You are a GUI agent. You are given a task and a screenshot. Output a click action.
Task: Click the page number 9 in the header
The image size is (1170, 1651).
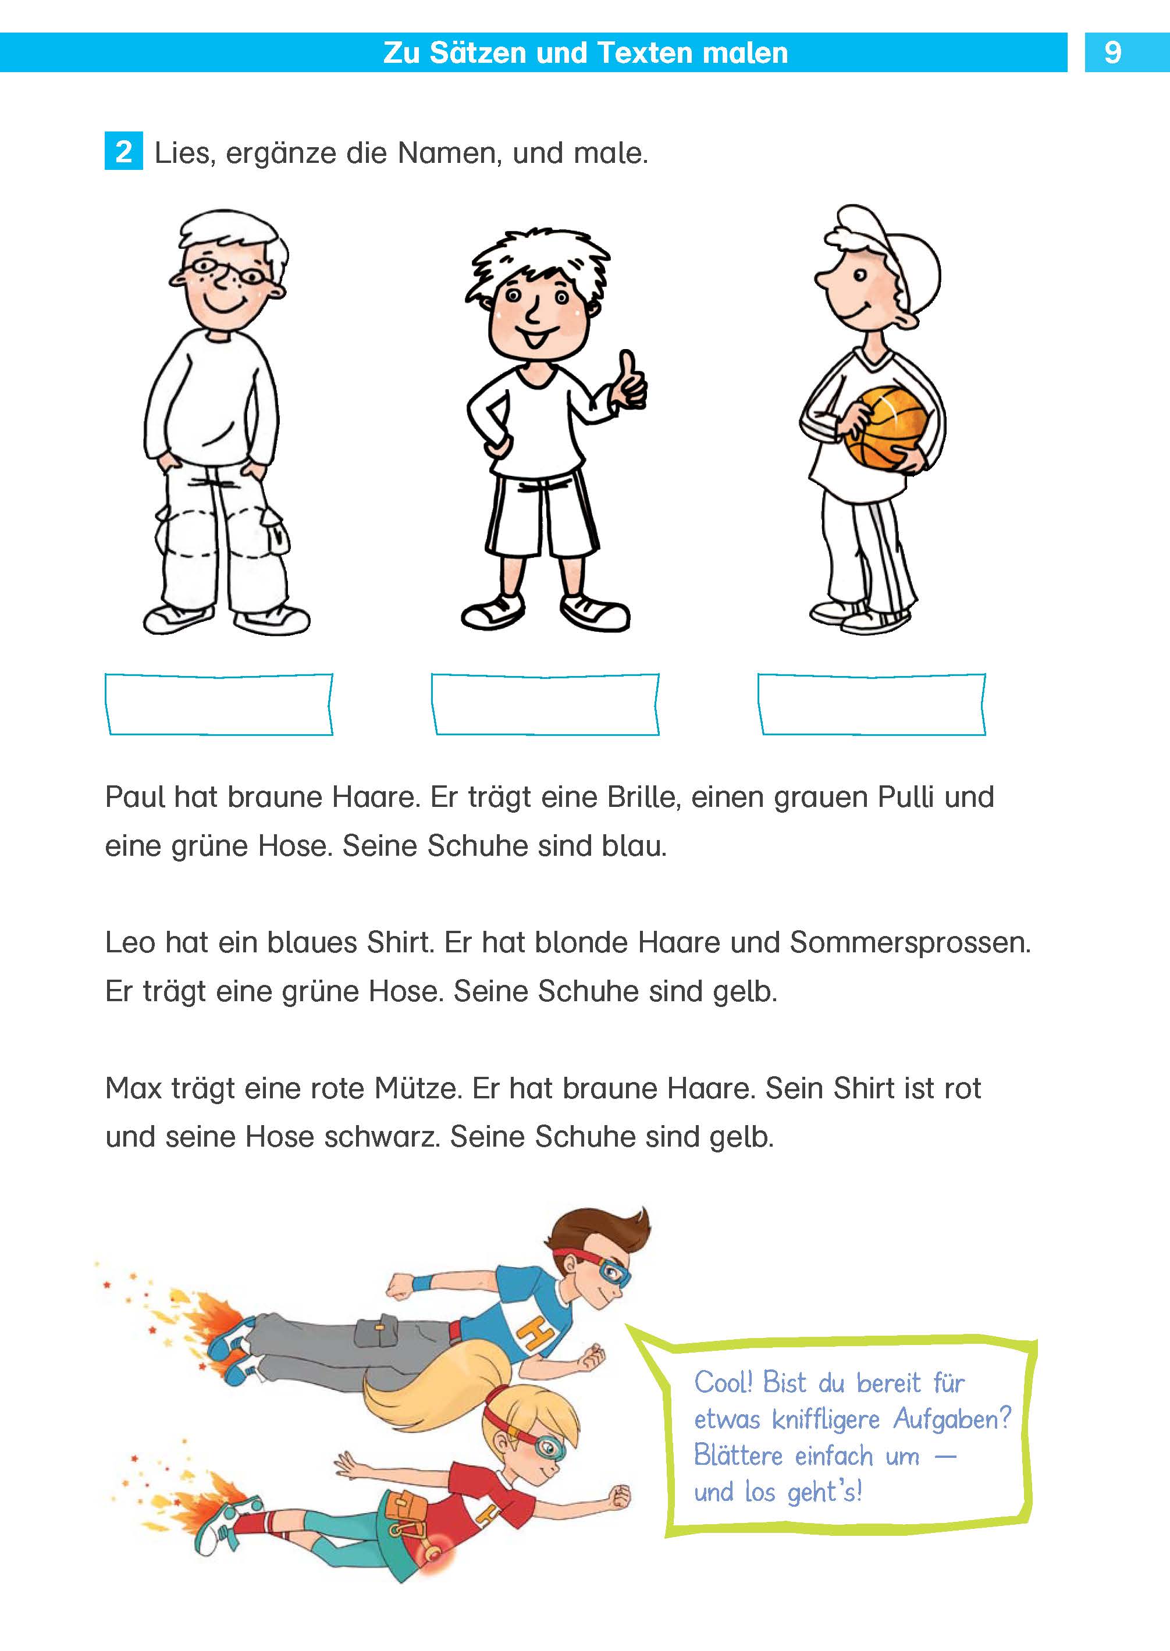click(1112, 52)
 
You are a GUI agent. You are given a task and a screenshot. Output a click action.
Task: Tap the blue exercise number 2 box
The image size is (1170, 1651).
click(123, 151)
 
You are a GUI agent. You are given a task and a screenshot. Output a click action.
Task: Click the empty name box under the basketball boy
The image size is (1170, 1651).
click(871, 704)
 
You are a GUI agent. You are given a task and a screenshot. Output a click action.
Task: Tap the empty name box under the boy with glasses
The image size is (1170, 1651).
click(219, 704)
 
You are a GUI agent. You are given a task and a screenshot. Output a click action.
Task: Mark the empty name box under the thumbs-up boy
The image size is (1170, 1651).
click(545, 704)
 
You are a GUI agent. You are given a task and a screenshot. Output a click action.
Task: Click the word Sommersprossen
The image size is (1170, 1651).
click(909, 943)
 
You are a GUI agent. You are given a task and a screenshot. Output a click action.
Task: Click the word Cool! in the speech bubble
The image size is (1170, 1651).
click(723, 1383)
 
